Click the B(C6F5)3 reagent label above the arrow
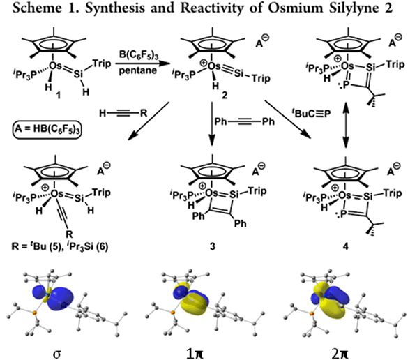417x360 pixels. click(139, 55)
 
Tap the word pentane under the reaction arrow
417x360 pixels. click(138, 70)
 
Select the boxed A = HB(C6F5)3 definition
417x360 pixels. click(47, 129)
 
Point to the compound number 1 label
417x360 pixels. click(59, 95)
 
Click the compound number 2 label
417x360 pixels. click(225, 95)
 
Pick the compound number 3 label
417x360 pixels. click(212, 247)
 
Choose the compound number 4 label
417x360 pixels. click(345, 247)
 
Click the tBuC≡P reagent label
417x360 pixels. click(311, 113)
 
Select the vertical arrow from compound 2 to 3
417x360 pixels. click(212, 123)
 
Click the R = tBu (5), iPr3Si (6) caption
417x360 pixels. click(60, 247)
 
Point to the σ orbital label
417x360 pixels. click(57, 354)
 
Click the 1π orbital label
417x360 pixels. click(196, 353)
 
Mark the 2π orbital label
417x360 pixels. click(340, 353)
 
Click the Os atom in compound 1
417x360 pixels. click(55, 66)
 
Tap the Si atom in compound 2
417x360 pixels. click(238, 73)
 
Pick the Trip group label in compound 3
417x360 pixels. click(257, 190)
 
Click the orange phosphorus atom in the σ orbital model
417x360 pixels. click(34, 313)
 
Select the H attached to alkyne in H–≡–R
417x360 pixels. click(103, 113)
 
